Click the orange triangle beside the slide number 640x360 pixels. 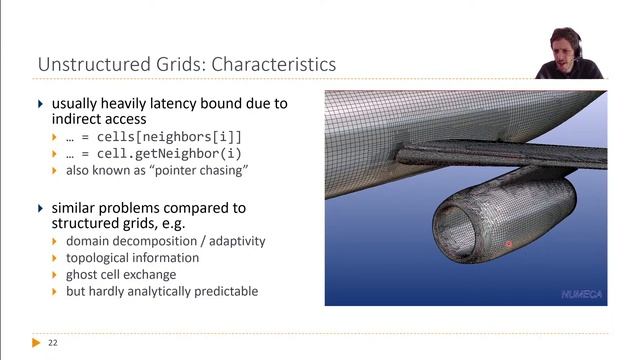(x=37, y=343)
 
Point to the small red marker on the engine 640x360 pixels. (x=508, y=244)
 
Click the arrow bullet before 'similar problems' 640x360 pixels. (x=41, y=208)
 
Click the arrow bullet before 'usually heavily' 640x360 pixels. (x=41, y=103)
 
